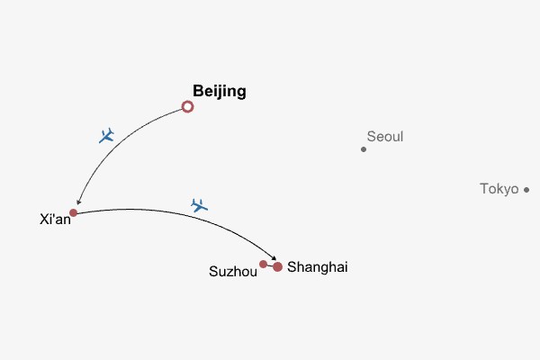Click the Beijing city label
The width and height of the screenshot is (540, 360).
tap(220, 91)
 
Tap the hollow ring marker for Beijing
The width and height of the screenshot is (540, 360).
tap(187, 106)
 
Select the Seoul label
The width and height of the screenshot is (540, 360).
tap(385, 137)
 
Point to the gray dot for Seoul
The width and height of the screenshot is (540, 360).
tap(364, 149)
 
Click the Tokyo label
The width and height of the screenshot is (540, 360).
tap(499, 189)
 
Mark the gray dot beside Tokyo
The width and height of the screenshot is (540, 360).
tap(526, 189)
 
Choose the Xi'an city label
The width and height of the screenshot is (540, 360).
tap(56, 219)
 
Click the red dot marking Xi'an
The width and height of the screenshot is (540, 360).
tap(74, 212)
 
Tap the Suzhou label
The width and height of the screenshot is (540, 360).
tap(233, 271)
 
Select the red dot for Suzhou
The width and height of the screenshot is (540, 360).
tap(263, 264)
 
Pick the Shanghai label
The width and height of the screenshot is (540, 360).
tap(317, 267)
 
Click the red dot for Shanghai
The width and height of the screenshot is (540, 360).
tap(278, 266)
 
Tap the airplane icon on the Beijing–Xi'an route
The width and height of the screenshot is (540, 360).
tap(107, 136)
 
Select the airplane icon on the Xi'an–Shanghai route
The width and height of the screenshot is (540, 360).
tap(200, 205)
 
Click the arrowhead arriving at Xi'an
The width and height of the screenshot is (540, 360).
tap(79, 202)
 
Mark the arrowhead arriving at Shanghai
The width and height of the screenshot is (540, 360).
tap(273, 259)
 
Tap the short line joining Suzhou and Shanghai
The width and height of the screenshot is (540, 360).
tap(270, 265)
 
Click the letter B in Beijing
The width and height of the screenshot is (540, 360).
tap(198, 91)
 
